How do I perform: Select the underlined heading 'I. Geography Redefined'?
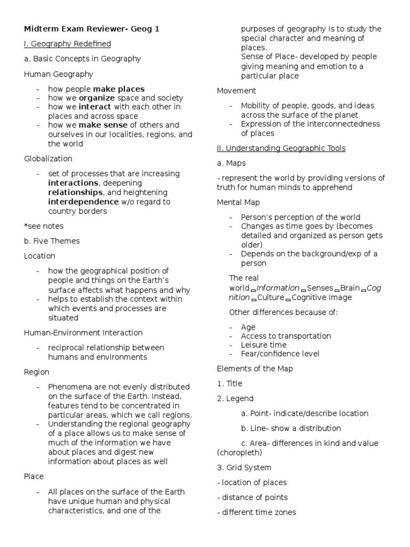(67, 44)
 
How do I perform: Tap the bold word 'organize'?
(97, 98)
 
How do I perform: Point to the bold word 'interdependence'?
(83, 201)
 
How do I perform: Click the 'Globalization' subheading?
(48, 159)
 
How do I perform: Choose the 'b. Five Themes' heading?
(52, 241)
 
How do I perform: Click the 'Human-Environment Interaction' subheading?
(83, 332)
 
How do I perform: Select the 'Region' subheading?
(36, 372)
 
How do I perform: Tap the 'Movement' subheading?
(236, 91)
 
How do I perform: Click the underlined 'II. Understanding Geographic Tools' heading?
(281, 148)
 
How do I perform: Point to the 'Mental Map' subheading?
(239, 202)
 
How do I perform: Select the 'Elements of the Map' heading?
(255, 369)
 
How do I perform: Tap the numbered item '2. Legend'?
(235, 398)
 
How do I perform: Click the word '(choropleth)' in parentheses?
(239, 452)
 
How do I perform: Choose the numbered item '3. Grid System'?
(244, 467)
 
